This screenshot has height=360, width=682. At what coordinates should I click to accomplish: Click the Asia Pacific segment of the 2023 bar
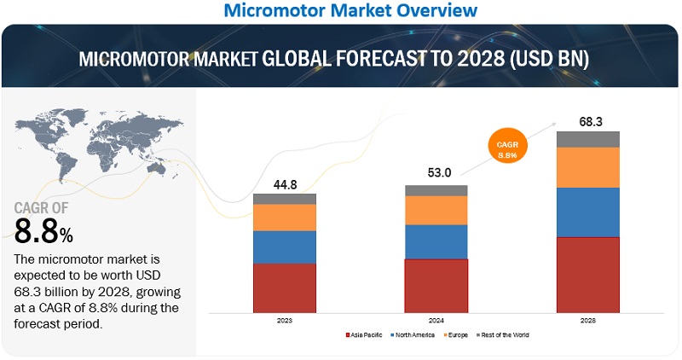(x=285, y=287)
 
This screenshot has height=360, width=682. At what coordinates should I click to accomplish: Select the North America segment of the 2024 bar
(x=436, y=241)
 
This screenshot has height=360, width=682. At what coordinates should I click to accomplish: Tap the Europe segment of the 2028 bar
(x=587, y=167)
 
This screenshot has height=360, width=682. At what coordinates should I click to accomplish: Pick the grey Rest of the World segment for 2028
(x=587, y=139)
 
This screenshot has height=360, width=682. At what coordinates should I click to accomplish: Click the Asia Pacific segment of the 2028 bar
(x=587, y=274)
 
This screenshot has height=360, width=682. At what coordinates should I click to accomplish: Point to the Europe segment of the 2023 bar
(x=285, y=218)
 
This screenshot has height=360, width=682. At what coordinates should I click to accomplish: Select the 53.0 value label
(x=436, y=173)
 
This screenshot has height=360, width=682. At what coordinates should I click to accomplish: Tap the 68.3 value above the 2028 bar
(x=588, y=121)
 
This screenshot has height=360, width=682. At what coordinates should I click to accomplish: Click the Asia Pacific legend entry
(x=366, y=335)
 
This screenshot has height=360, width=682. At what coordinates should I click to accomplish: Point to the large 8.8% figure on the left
(x=43, y=230)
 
